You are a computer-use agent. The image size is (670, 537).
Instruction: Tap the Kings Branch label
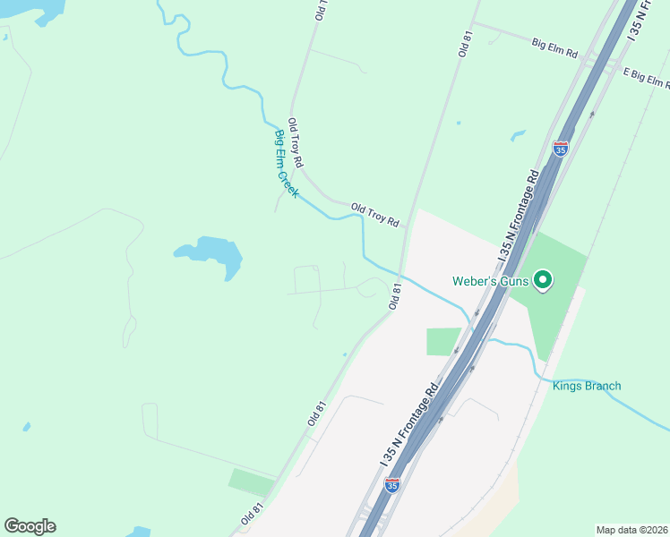point(587,386)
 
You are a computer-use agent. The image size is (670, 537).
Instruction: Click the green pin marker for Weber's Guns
point(542,281)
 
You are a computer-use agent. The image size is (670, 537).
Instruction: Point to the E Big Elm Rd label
point(646,79)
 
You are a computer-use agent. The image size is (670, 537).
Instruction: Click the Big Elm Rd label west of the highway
point(555,45)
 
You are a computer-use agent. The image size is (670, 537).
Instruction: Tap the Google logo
point(30,526)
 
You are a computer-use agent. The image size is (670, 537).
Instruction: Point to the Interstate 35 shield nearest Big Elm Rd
point(561,149)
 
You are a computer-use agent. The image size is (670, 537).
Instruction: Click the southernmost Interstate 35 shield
point(392,485)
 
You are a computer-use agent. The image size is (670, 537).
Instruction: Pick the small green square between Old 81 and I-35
point(443,341)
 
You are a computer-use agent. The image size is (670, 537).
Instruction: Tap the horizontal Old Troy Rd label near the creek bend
point(374,214)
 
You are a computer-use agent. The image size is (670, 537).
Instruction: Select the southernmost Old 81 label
point(253,514)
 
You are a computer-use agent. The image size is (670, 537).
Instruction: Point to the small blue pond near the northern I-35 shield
point(518,136)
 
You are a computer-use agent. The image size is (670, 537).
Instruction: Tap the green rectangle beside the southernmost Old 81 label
point(252,482)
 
